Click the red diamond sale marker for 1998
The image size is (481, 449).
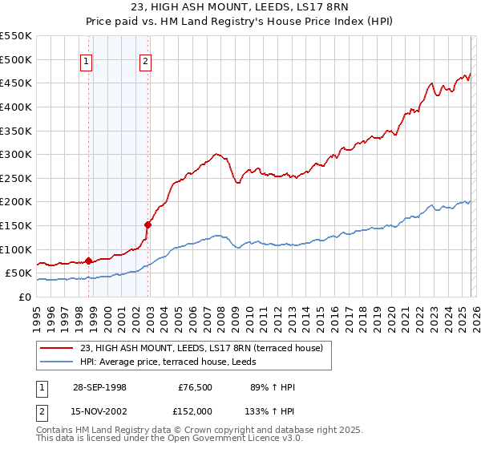click(x=89, y=261)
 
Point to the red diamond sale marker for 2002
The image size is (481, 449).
click(x=148, y=224)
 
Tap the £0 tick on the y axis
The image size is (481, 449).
click(x=24, y=297)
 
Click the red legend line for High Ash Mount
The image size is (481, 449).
click(x=57, y=348)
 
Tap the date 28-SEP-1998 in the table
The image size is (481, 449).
click(x=99, y=387)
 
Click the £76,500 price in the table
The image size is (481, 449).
click(x=194, y=387)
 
